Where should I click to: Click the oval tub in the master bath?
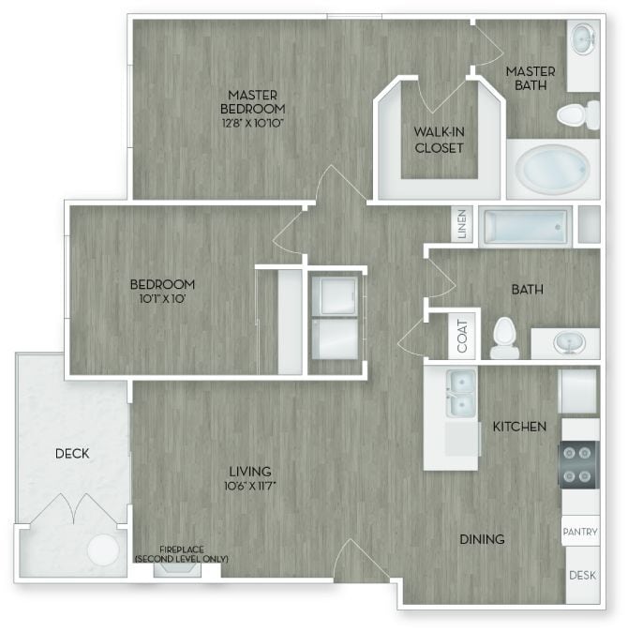coord(553,170)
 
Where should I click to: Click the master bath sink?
coord(583,39)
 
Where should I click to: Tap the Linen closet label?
coord(461,226)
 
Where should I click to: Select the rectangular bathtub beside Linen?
coord(525,226)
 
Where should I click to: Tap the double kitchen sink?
coord(460,393)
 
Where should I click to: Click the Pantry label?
coord(579,532)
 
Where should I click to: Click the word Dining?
coord(482,539)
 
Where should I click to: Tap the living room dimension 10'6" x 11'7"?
coord(249,486)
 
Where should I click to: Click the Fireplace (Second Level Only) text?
coord(181,555)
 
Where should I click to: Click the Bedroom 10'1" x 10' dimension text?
coord(162,299)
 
